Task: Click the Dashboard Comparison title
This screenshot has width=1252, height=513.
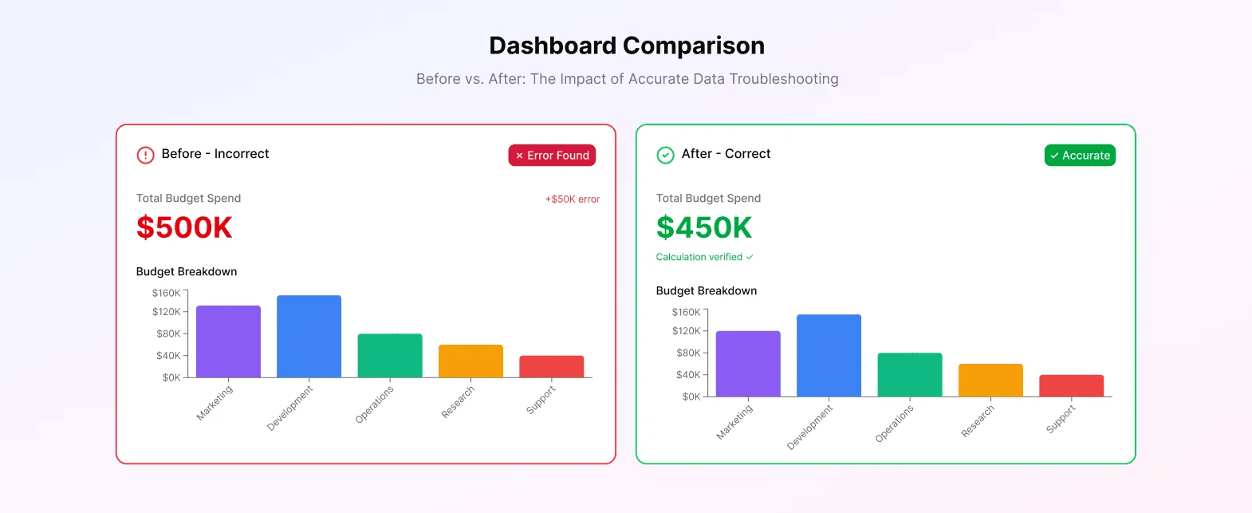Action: [627, 45]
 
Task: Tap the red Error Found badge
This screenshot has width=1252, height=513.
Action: [552, 156]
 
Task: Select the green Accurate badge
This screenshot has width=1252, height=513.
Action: [1080, 156]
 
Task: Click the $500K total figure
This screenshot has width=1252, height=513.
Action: [184, 227]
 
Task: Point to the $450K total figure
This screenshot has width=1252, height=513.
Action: [704, 227]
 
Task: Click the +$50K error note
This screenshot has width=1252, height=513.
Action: [572, 199]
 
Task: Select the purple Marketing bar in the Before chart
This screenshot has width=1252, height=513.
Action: [228, 341]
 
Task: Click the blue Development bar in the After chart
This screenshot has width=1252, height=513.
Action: [829, 355]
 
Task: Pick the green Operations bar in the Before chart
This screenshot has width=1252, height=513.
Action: [390, 356]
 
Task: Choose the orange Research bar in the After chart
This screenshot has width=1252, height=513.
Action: [990, 381]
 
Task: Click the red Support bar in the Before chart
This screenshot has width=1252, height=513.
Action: [552, 367]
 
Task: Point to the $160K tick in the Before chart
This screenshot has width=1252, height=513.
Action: [167, 293]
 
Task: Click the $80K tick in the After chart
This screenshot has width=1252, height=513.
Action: [687, 353]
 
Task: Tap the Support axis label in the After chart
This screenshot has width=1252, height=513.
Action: [1061, 419]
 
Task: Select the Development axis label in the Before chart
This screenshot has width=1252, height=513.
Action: [289, 408]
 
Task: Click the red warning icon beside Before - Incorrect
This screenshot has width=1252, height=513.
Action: [145, 155]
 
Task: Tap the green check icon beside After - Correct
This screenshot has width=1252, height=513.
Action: [665, 155]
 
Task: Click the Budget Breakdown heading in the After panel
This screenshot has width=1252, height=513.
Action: [707, 290]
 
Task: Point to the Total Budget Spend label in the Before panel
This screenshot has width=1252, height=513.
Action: [188, 198]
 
